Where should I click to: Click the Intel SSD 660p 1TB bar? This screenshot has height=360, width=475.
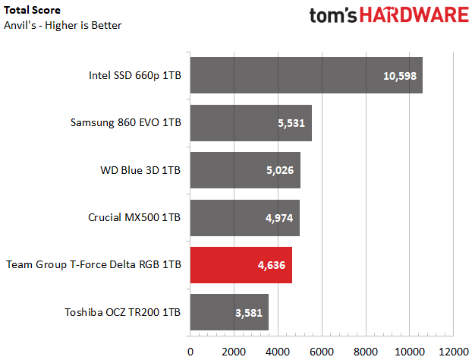(307, 75)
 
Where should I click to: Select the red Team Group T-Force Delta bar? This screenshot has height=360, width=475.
(241, 265)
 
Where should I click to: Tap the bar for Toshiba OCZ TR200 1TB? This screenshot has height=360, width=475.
(229, 312)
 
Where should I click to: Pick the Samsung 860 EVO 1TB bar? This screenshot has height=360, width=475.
(251, 123)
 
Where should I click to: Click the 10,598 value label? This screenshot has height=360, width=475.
(400, 76)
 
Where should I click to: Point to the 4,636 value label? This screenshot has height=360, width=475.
(272, 265)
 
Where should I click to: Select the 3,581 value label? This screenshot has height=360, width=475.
(249, 313)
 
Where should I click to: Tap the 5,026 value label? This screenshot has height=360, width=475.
(280, 170)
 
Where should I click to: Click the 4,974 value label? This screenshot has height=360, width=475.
(279, 218)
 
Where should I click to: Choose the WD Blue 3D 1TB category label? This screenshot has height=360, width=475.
(140, 170)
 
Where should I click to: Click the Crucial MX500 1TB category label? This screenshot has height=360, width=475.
(134, 217)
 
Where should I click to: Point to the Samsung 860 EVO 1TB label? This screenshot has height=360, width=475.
(126, 122)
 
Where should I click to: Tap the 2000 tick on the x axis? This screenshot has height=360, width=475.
(234, 352)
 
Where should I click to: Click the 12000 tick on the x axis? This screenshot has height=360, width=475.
(454, 352)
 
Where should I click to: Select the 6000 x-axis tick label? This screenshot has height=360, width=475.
(322, 352)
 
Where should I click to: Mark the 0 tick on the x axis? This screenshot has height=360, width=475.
(190, 352)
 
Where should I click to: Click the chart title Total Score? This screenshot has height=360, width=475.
(32, 10)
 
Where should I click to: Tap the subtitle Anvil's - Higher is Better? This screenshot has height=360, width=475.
(63, 25)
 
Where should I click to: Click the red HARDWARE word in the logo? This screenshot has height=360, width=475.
(414, 15)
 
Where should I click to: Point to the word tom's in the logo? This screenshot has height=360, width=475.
(333, 15)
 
